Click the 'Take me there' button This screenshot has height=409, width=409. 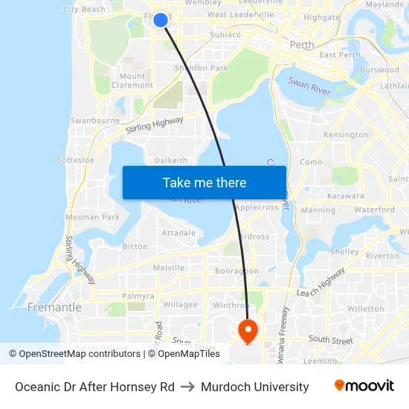tap(204, 182)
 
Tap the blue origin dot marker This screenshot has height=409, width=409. tap(161, 20)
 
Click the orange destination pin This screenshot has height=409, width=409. tap(247, 329)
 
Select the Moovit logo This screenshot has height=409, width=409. tap(364, 386)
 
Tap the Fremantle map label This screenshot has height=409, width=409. tap(54, 307)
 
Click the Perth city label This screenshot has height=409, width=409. tap(302, 45)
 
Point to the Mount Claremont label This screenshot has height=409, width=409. tap(132, 80)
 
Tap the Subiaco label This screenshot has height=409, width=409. tap(225, 34)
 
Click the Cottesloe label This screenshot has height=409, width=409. tap(75, 160)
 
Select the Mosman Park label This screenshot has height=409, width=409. tap(92, 217)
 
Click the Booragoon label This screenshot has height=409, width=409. tap(236, 271)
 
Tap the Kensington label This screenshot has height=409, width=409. tap(346, 135)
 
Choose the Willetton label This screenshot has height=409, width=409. tap(366, 309)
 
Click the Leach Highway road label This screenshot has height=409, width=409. tap(321, 283)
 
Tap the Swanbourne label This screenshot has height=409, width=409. tap(94, 120)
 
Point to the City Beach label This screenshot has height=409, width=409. tap(84, 10)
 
